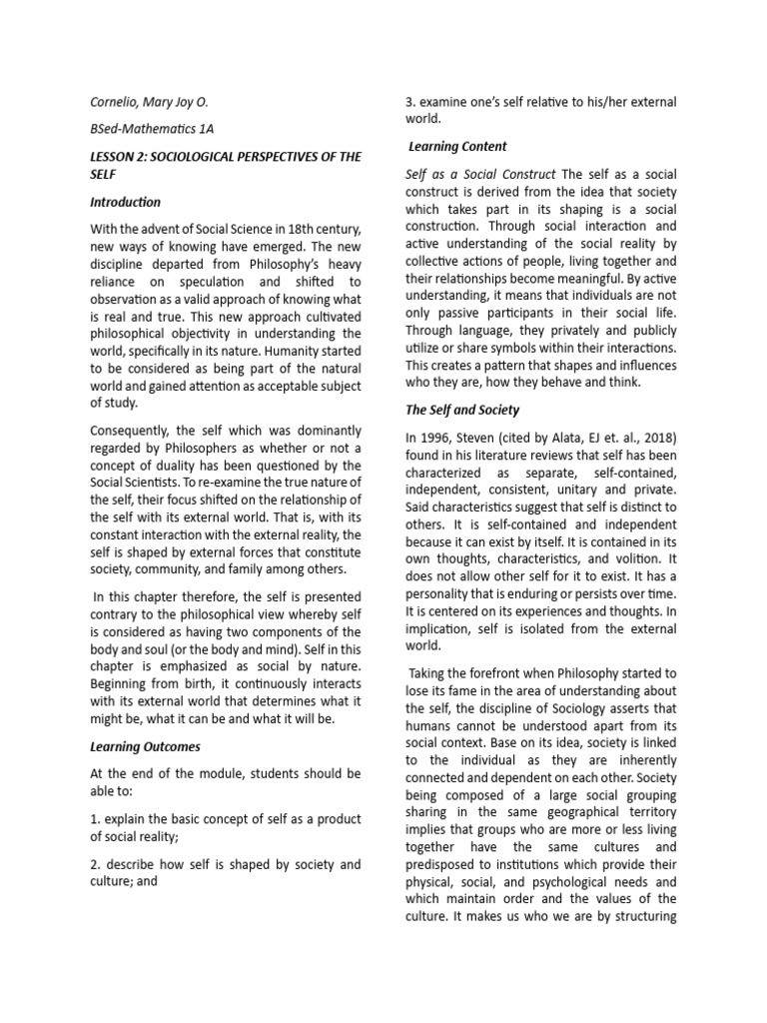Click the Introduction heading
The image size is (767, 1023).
pos(125,202)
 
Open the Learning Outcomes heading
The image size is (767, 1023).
pos(146,746)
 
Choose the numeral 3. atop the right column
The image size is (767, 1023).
pos(410,102)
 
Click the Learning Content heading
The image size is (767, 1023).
pos(457,147)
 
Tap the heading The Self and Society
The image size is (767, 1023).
pos(462,410)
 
